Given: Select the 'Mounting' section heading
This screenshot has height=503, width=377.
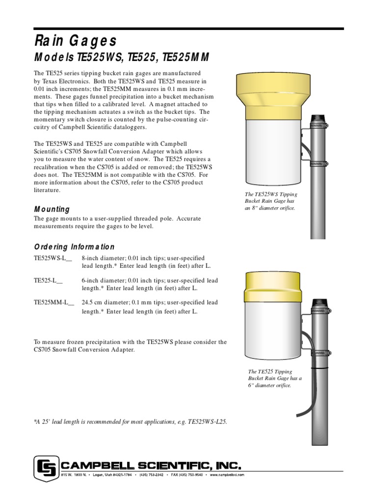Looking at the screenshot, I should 52,209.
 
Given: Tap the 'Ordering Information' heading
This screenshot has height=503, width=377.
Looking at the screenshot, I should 74,247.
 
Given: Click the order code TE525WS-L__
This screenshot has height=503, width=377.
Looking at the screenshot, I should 53,258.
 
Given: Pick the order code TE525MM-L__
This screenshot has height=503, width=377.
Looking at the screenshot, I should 54,303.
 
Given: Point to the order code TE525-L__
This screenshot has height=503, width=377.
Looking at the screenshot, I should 48,280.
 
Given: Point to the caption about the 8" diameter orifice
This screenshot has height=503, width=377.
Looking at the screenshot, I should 270,201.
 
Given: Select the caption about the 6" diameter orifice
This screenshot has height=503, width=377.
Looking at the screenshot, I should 275,379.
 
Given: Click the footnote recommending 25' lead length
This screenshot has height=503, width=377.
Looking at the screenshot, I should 131,422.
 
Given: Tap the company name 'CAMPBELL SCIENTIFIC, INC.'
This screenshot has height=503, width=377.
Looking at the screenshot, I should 150,465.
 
